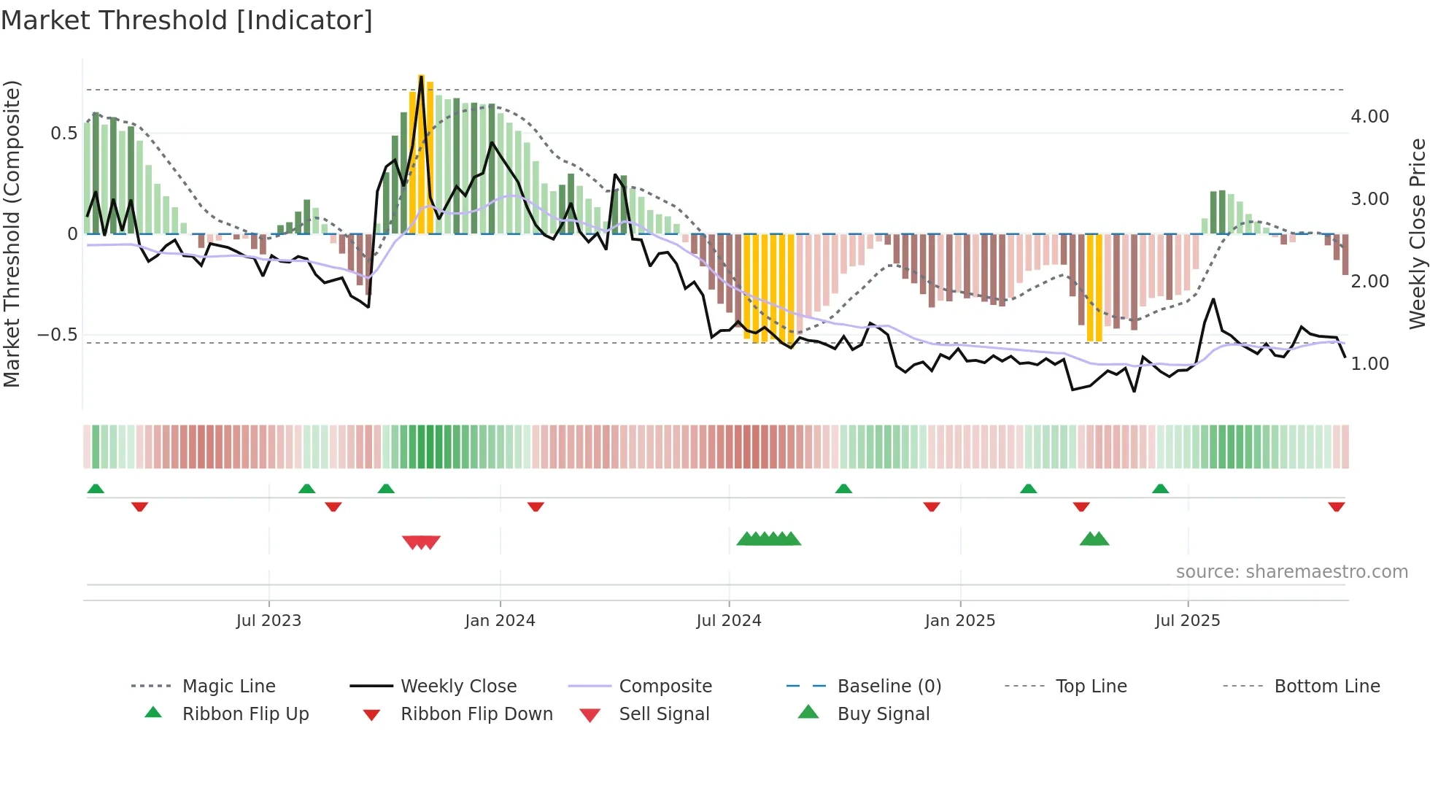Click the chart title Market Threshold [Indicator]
(187, 20)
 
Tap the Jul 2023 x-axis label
(268, 621)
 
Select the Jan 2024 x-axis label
(500, 621)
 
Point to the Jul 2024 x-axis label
(729, 621)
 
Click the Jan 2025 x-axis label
(959, 621)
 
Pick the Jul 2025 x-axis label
(1187, 621)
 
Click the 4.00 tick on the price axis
(1369, 117)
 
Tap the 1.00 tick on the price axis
(1369, 364)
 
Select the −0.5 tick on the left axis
(57, 335)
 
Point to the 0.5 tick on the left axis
(63, 134)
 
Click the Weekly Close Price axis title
(1417, 233)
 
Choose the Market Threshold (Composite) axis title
(12, 233)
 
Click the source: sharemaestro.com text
(1291, 572)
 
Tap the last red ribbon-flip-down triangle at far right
(1336, 506)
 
